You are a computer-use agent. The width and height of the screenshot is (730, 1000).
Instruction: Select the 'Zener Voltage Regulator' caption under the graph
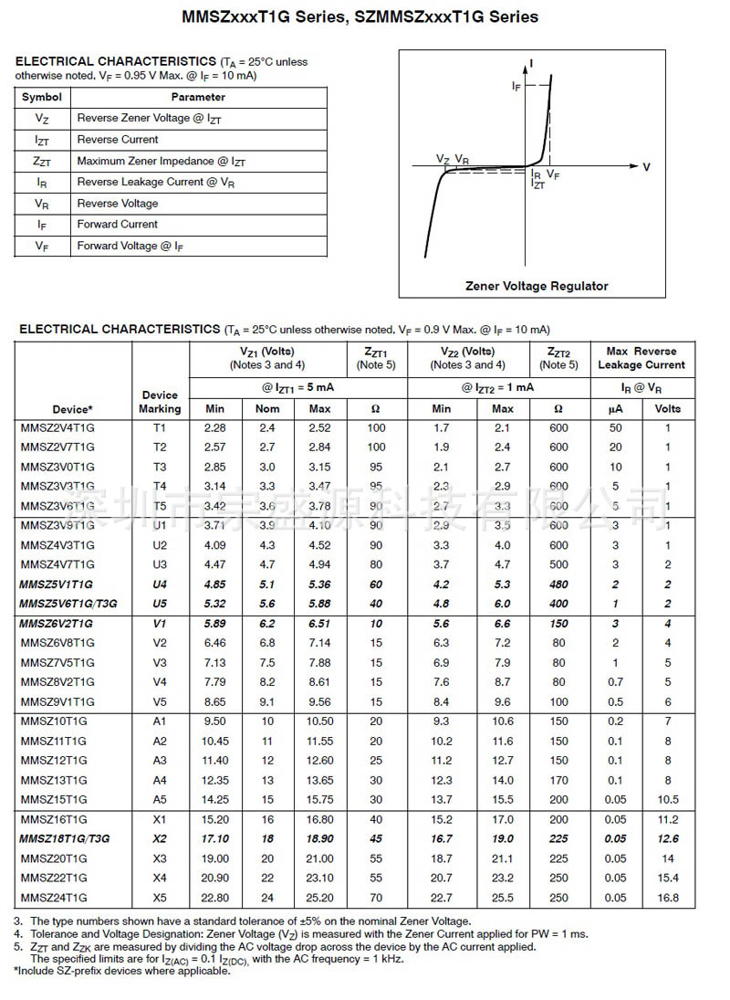(537, 286)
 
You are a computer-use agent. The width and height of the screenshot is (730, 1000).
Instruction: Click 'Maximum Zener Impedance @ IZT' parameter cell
(162, 161)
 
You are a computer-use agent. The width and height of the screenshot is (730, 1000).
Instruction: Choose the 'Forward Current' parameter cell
(118, 224)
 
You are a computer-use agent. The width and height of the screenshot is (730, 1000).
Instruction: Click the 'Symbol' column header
(42, 97)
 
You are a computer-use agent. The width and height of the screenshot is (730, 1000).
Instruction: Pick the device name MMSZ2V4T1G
(57, 427)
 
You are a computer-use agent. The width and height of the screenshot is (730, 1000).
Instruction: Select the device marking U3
(160, 564)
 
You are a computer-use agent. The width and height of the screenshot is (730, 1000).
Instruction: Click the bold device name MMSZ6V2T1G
(57, 623)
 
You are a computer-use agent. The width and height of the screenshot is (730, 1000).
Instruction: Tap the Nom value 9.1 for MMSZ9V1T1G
(267, 701)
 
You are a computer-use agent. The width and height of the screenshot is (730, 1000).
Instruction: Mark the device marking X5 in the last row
(160, 898)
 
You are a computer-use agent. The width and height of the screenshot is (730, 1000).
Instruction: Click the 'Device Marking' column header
(161, 402)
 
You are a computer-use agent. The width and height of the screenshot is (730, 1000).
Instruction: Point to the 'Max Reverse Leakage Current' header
(641, 358)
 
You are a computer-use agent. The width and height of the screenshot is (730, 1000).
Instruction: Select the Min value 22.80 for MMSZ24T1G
(215, 898)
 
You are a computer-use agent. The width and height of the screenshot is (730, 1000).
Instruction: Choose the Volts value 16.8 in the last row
(668, 898)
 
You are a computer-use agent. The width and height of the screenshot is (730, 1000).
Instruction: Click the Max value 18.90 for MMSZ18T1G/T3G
(319, 838)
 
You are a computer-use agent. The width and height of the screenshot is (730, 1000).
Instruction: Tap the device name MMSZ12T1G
(54, 761)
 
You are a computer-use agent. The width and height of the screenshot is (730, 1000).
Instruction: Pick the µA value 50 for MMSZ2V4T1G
(616, 427)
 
